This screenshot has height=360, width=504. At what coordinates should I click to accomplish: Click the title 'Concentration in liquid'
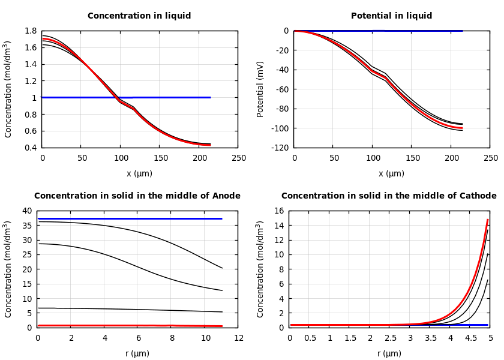[139, 16]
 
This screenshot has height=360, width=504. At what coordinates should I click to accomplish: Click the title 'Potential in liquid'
[391, 16]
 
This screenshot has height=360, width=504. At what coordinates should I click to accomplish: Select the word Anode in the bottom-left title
[227, 196]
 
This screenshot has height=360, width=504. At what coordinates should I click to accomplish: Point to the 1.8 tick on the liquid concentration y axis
[30, 31]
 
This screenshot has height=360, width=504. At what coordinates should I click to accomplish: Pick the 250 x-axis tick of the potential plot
[490, 158]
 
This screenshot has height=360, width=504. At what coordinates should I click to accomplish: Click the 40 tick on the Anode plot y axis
[27, 211]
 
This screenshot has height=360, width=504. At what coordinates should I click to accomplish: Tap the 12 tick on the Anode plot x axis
[238, 338]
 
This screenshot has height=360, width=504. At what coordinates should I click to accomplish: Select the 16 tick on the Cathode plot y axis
[279, 211]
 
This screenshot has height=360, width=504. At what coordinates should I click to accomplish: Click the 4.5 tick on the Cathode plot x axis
[470, 338]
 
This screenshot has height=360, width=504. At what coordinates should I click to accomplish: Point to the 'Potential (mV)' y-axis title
[260, 89]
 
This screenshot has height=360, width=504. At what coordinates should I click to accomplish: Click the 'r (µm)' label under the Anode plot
[137, 353]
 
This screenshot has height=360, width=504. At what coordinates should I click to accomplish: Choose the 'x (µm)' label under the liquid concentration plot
[139, 173]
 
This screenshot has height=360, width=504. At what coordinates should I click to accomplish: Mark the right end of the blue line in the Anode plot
[221, 218]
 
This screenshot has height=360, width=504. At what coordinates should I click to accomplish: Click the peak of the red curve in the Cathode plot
[488, 220]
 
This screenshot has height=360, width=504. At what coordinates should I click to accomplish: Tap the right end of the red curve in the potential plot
[462, 128]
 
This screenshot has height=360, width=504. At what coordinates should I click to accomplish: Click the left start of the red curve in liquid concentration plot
[43, 39]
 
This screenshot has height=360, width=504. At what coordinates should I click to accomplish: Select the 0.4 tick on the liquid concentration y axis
[30, 148]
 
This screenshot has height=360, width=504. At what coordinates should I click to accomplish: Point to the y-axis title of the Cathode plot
[260, 269]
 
